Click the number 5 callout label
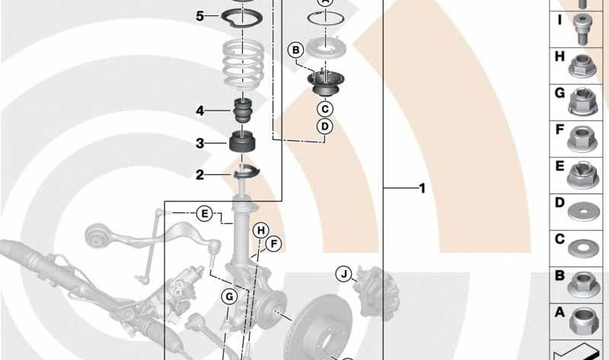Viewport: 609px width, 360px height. tap(199, 16)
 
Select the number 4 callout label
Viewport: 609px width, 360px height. tap(199, 111)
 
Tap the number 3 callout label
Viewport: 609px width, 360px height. tap(199, 143)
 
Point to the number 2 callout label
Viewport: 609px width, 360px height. tap(199, 175)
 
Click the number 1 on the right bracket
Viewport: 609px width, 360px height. tap(422, 188)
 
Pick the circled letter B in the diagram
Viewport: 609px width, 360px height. tap(296, 50)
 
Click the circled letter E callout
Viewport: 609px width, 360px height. tap(204, 214)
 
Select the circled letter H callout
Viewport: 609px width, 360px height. tap(261, 231)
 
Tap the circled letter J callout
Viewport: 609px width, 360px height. tap(344, 274)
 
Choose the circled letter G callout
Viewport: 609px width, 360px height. tap(229, 297)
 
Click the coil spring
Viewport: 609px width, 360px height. tap(243, 63)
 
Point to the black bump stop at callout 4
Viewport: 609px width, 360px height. tap(243, 110)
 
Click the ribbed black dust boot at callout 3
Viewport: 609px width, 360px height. tap(242, 143)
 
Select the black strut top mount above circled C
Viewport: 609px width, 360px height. tap(325, 85)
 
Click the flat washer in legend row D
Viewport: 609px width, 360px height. tap(582, 212)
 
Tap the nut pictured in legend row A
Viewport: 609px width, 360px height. tap(583, 321)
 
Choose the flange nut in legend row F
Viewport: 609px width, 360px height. tap(582, 139)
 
